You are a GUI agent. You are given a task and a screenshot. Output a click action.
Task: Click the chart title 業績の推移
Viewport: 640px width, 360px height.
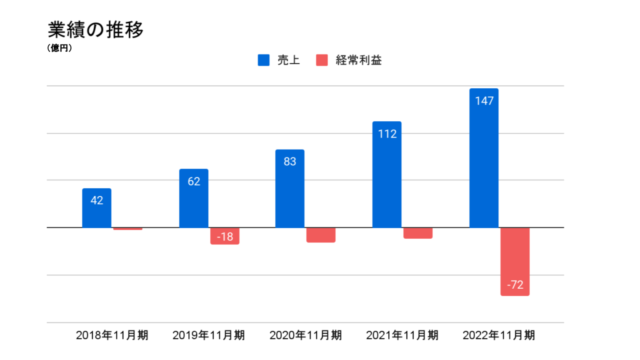95,30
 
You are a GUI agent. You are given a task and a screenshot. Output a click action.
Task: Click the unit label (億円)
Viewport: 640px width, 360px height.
60,48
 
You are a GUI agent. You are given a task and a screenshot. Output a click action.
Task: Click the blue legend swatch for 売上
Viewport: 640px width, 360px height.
263,60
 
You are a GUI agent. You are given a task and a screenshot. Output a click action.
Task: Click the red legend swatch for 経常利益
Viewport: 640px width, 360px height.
322,60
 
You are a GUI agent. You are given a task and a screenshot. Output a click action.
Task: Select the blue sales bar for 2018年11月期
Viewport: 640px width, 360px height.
97,208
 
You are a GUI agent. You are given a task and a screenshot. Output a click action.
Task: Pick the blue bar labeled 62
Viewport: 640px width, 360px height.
194,198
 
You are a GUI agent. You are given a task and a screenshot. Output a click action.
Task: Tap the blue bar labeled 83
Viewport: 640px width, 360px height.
290,189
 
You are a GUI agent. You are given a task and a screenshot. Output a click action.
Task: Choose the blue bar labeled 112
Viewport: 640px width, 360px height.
387,175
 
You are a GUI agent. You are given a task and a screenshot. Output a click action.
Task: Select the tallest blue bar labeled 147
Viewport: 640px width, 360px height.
484,158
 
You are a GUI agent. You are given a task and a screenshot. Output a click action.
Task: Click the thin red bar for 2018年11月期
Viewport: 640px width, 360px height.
128,229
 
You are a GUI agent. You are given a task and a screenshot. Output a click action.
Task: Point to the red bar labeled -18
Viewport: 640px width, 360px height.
225,236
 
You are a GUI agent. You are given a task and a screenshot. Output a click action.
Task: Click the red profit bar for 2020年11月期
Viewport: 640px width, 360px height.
321,235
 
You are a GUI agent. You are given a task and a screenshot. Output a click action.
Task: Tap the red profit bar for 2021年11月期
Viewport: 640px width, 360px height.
418,233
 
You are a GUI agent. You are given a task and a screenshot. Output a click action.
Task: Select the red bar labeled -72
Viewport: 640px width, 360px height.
515,262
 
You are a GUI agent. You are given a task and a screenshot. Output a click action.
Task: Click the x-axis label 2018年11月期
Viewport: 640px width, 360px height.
112,335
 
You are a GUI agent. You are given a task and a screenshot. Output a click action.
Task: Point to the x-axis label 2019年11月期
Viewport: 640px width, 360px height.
209,335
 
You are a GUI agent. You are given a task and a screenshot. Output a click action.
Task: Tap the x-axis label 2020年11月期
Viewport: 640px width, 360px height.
305,335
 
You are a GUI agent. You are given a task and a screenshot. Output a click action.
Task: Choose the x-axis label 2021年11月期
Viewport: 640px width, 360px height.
402,335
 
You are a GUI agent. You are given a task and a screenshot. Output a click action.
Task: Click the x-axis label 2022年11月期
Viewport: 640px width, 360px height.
499,335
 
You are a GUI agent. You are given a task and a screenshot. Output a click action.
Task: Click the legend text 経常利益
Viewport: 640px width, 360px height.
358,60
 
